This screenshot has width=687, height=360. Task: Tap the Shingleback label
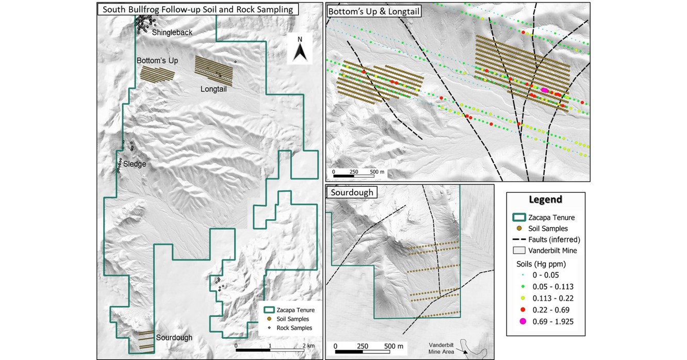172,32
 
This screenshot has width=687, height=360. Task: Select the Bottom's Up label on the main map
157,61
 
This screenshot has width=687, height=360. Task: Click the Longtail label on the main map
214,89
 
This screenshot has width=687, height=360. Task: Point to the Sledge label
134,164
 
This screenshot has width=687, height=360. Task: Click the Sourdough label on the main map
175,338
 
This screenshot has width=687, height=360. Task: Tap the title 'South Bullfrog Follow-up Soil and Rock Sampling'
198,9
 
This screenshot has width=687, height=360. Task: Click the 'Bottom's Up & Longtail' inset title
373,10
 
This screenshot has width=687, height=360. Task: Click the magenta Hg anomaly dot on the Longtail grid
545,90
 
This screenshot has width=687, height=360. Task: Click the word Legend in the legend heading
545,200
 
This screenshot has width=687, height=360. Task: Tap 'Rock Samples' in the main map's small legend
295,328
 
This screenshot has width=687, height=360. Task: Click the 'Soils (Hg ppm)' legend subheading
541,264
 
